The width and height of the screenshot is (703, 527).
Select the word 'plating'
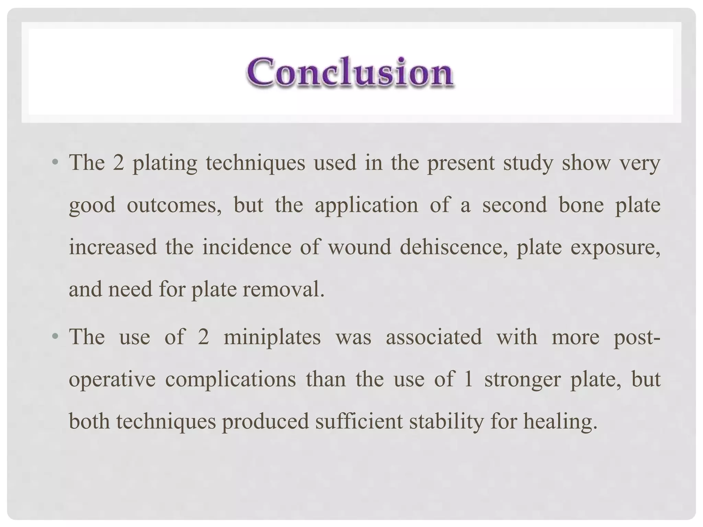coord(165,163)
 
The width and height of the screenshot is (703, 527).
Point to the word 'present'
coord(461,163)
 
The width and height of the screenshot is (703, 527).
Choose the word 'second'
coord(514,205)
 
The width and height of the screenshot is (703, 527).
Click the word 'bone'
coord(581,205)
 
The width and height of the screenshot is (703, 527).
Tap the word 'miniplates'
coord(272,337)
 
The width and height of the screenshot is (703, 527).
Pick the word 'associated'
coord(434,337)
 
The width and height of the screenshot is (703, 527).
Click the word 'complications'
coord(230,380)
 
